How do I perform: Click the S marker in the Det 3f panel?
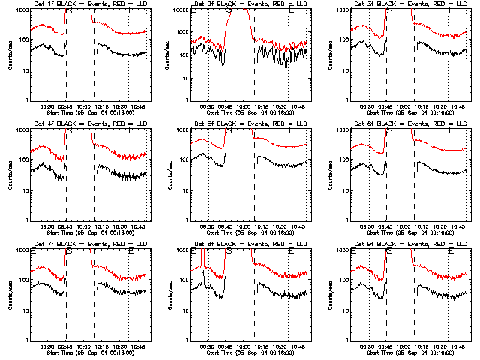point(389,13)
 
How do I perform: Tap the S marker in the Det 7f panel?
point(69,253)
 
